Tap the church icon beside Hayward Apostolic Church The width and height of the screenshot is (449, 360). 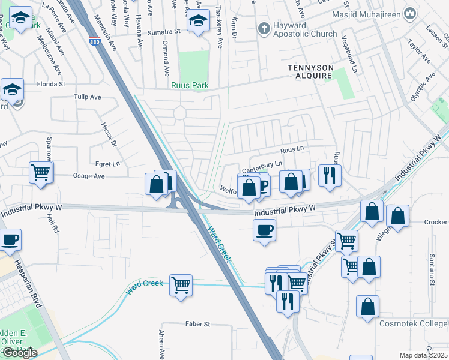262,28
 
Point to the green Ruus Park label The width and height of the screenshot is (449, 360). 190,86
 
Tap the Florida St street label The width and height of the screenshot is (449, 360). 50,84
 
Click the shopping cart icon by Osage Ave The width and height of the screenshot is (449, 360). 41,172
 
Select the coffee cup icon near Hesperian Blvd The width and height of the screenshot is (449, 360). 10,240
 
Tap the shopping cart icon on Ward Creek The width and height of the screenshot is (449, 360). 181,285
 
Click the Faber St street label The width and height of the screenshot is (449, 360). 197,324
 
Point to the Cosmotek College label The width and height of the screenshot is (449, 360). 414,323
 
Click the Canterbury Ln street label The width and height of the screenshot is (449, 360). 262,164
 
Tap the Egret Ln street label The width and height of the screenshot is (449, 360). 108,163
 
